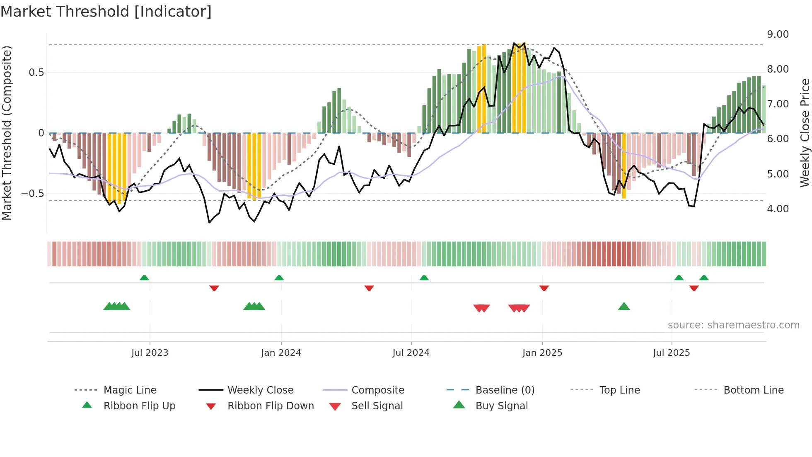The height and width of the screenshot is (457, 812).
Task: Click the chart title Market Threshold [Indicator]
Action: pos(106,12)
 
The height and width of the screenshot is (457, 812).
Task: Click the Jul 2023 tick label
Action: pos(150,353)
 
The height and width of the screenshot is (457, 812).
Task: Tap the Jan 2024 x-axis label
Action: pos(281,353)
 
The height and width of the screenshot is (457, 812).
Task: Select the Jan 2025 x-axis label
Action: pos(542,353)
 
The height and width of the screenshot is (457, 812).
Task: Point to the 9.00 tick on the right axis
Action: pos(778,34)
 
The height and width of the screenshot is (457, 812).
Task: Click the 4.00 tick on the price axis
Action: pos(778,209)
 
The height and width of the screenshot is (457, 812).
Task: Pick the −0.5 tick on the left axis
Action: pos(32,194)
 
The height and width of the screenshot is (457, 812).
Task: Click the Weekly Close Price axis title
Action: pos(805,133)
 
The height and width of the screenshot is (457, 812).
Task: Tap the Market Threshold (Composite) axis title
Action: pos(7,133)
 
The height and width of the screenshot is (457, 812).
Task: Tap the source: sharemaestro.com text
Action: pos(733,325)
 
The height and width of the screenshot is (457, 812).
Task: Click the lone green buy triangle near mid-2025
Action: pos(623,306)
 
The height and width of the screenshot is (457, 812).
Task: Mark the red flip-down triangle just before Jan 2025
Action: pos(544,288)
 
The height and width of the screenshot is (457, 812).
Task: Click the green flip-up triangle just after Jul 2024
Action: pos(424,278)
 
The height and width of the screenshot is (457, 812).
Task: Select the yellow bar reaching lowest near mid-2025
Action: pos(624,166)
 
